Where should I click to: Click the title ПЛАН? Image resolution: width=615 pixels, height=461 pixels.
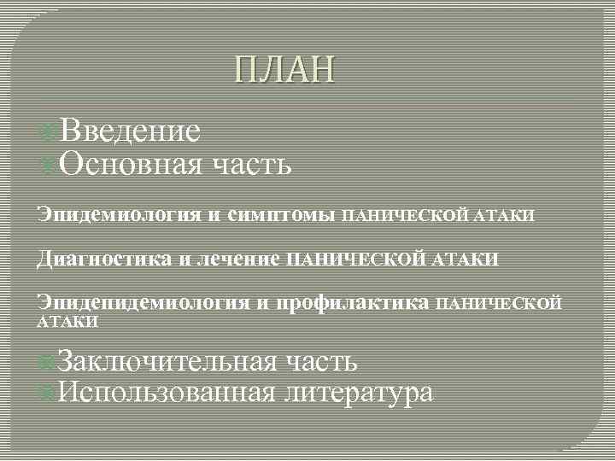click(285, 71)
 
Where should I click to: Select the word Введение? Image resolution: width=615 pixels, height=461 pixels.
click(131, 131)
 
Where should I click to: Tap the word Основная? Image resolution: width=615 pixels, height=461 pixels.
click(131, 163)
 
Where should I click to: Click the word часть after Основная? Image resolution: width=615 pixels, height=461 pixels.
click(251, 165)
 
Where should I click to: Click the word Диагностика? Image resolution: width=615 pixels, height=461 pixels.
click(105, 258)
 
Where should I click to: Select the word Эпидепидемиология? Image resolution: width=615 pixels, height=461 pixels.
click(143, 303)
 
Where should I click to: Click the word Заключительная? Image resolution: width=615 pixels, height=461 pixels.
click(168, 361)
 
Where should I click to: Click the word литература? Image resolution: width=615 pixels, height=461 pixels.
click(360, 394)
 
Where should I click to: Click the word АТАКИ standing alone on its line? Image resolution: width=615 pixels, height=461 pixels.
click(67, 323)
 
